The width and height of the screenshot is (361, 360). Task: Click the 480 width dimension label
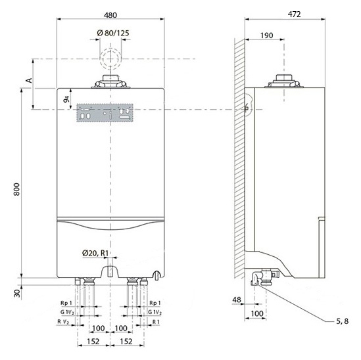pos(110,15)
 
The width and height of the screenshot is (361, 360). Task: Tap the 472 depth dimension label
pos(294,14)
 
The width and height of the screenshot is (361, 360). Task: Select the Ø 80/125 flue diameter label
pos(113,33)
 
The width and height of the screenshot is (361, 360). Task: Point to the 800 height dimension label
pos(16,189)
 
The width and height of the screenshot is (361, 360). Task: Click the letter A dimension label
pos(29,81)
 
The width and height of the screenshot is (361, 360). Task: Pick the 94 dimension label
pos(66,99)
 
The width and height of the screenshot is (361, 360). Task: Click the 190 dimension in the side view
pos(266,35)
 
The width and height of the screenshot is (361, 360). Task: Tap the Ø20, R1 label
pos(95,254)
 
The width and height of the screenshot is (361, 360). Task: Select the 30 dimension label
pos(17,293)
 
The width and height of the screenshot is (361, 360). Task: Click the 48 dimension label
pos(237,300)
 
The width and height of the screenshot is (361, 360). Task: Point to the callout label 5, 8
pos(343,321)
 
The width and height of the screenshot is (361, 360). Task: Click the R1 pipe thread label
pos(156,322)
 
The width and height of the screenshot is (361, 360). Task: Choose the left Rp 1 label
pos(66,303)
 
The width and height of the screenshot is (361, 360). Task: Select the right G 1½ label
pos(155,312)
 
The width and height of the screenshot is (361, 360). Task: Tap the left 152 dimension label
pos(93,342)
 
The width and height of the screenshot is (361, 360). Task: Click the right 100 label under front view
pos(121,328)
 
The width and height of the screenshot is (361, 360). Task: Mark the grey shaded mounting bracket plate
pos(105,113)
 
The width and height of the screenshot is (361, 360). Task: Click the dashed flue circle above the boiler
pos(110,49)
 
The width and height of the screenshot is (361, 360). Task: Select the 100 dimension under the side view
pos(257,313)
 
